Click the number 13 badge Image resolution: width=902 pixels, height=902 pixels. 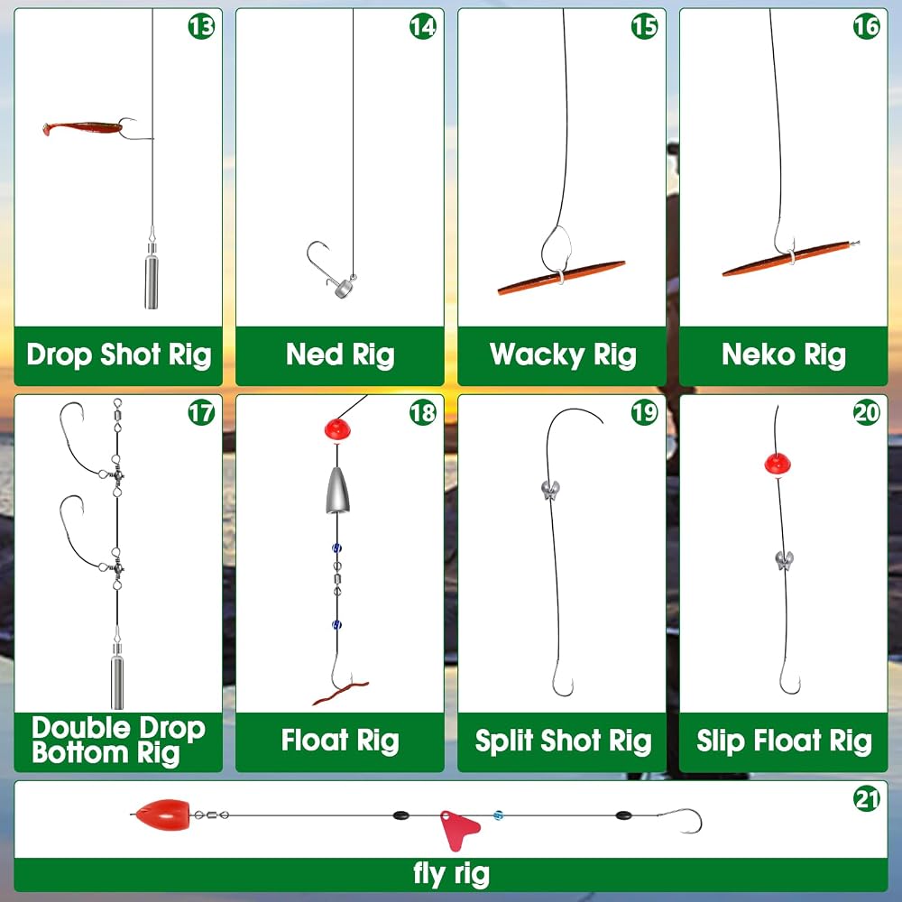201,26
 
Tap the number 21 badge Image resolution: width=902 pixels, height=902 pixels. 866,799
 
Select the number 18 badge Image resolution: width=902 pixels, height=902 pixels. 423,412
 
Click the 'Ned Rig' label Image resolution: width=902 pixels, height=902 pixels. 340,354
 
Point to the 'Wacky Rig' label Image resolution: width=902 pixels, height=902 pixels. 563,354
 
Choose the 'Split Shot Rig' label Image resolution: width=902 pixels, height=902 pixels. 563,741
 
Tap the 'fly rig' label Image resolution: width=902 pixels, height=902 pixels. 452,874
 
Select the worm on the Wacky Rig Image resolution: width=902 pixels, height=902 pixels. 561,277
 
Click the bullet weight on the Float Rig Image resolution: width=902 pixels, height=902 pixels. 337,490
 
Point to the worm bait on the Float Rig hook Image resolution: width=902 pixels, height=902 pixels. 341,692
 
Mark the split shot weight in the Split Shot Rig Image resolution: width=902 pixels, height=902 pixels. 550,490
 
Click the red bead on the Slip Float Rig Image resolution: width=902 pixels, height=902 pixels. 778,464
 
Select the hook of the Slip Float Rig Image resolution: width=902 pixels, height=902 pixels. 790,676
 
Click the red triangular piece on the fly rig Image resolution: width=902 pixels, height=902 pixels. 458,829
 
